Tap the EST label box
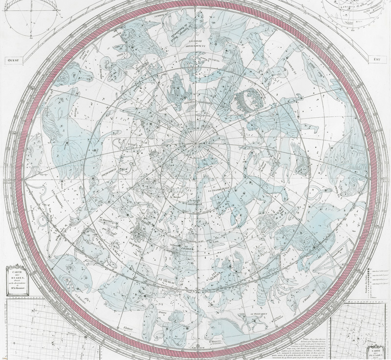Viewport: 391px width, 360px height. pyautogui.click(x=376, y=60)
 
